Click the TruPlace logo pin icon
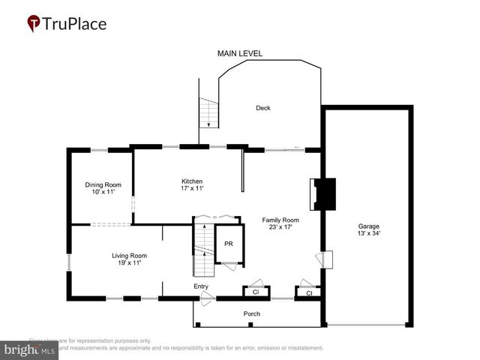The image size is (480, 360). click(x=34, y=24)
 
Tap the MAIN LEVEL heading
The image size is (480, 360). click(x=240, y=54)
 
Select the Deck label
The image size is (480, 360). click(x=262, y=108)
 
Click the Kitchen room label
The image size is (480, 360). click(x=192, y=181)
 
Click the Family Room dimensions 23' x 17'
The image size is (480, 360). click(x=280, y=227)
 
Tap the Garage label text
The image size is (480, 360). click(x=368, y=226)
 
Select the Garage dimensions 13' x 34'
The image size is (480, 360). click(x=368, y=233)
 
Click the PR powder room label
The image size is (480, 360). click(x=228, y=244)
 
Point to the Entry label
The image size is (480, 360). click(x=201, y=286)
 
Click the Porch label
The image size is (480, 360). click(x=251, y=313)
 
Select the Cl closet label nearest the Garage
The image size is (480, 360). click(x=308, y=293)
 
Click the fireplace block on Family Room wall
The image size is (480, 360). click(x=325, y=194)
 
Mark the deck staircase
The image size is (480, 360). click(x=208, y=113)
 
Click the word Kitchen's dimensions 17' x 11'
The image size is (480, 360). click(x=192, y=189)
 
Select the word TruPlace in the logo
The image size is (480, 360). click(x=76, y=24)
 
